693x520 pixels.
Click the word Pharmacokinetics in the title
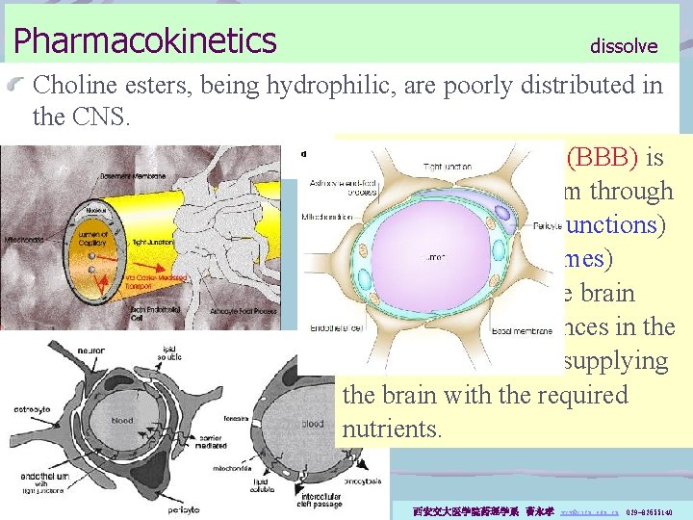pyautogui.click(x=144, y=40)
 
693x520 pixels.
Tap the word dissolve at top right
pyautogui.click(x=624, y=46)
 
